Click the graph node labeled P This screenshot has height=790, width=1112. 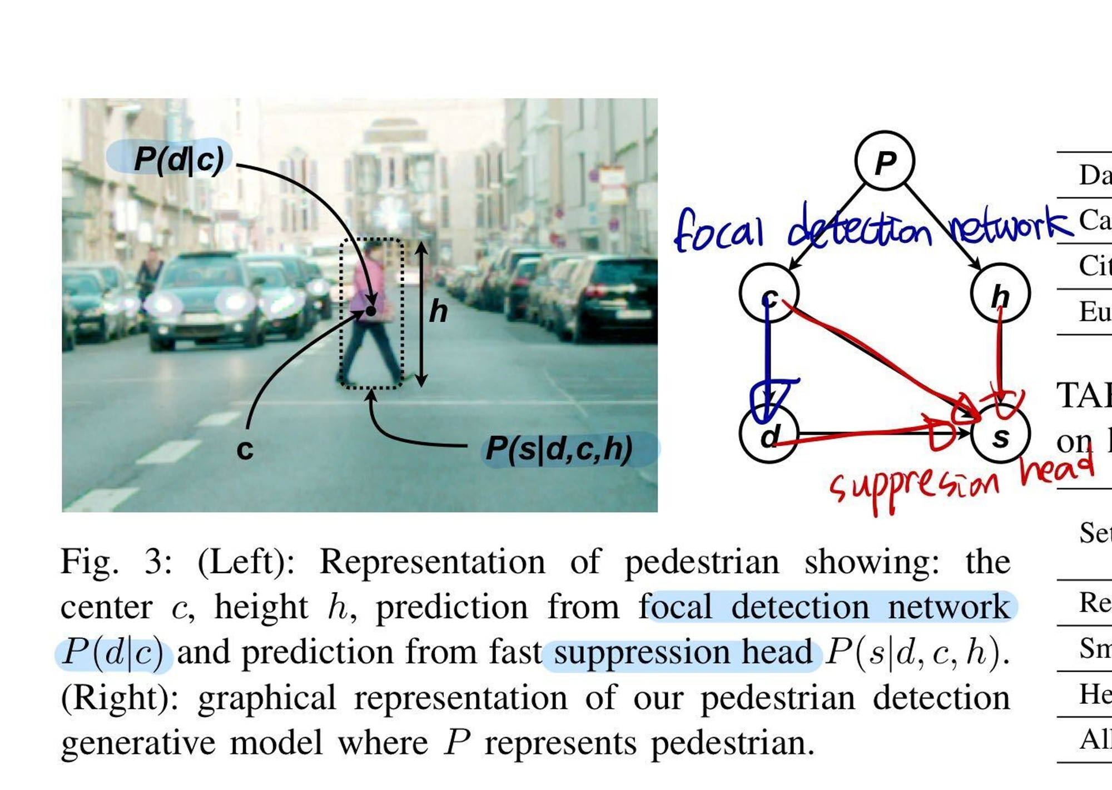coord(884,161)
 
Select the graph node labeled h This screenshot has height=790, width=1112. coord(1000,293)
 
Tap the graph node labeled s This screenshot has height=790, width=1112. coord(1000,435)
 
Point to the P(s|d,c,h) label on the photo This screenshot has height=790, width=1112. coord(559,449)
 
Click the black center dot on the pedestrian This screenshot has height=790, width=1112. coord(371,311)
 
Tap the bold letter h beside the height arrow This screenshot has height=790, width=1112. coord(438,311)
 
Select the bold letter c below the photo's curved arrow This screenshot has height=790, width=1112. coord(245,449)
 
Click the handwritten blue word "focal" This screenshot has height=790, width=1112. coord(718,229)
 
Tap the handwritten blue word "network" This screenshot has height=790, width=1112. coord(1009,225)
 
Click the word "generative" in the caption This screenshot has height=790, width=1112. coord(138,743)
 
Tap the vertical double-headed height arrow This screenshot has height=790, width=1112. coord(421,314)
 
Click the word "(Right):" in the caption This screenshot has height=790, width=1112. coord(120,698)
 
